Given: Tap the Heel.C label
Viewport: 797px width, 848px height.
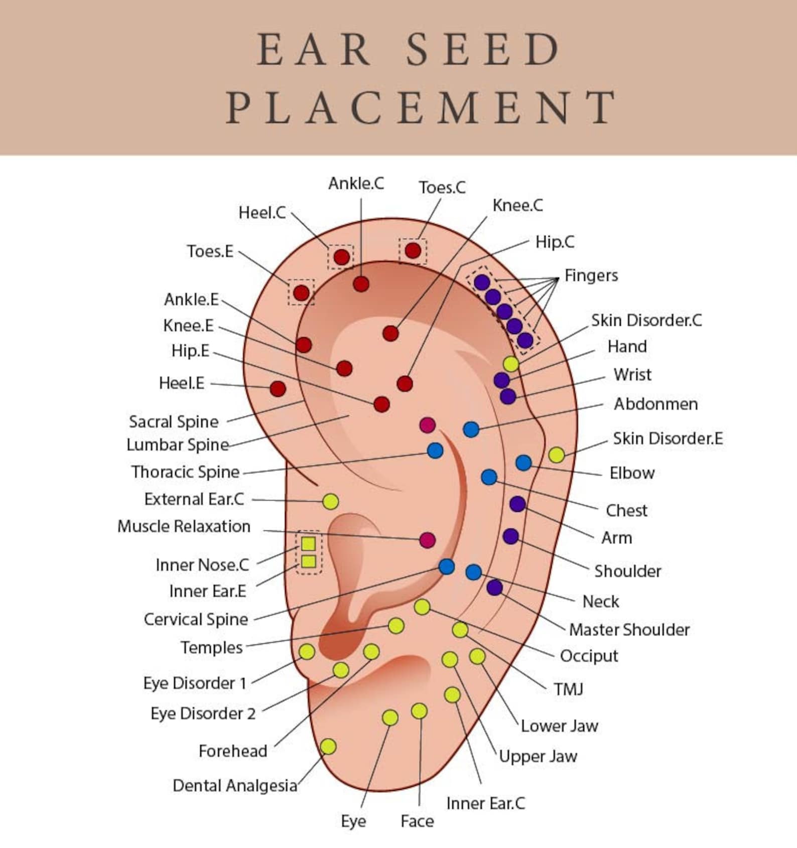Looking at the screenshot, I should [262, 213].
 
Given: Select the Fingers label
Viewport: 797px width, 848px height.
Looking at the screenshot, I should [591, 275].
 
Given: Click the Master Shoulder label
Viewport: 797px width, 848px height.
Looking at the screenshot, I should [629, 630].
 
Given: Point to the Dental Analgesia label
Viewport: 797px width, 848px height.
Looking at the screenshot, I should [235, 785].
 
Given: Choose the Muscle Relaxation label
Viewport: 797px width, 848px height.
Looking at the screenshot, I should [184, 526].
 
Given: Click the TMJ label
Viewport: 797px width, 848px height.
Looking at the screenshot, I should [569, 689].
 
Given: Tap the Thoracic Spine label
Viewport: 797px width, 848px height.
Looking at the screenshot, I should [185, 472].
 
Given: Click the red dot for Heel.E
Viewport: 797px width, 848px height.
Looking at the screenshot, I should [278, 388].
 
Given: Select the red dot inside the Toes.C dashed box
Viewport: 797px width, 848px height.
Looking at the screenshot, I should [413, 250].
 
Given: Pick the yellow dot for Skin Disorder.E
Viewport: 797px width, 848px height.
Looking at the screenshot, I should [556, 455].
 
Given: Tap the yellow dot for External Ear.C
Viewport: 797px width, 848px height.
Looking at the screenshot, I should [330, 501].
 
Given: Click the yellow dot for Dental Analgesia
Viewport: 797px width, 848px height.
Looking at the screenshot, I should [328, 747].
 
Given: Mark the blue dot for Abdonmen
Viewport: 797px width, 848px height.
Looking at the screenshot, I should [471, 429].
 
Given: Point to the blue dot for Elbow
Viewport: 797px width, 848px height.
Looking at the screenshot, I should [523, 463].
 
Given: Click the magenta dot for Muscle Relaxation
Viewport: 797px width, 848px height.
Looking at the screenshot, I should [427, 540].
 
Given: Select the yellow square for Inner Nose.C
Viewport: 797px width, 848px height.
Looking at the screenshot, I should [309, 543].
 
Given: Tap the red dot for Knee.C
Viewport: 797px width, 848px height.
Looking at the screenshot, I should [390, 333].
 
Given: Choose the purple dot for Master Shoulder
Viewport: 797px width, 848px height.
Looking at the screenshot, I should [494, 588].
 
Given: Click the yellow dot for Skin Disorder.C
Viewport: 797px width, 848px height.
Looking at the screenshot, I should [511, 364].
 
